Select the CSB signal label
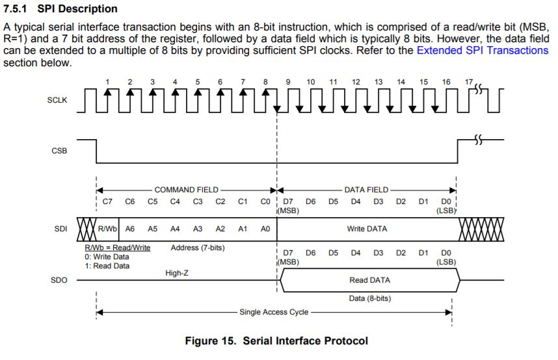point(59,150)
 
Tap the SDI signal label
point(59,229)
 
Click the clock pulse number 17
point(469,81)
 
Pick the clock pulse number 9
point(288,82)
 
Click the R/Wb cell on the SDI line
point(107,229)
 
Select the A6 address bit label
point(130,229)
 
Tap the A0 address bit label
point(265,229)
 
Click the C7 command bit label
point(108,201)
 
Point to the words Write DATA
point(367,229)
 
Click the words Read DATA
point(369,280)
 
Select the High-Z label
point(178,274)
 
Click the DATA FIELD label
point(366,190)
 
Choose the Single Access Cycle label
point(273,312)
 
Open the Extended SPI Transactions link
point(482,50)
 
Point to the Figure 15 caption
point(276,341)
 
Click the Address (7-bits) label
point(198,248)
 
